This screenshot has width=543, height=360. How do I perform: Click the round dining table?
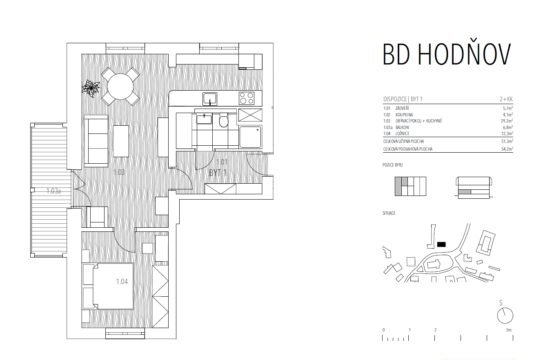(x=120, y=87)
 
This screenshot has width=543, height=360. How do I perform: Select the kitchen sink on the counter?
(x=210, y=99)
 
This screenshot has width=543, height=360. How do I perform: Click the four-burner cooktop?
(x=247, y=98)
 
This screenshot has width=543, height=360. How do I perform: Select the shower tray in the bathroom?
(x=250, y=137)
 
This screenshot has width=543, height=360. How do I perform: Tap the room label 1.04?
(x=122, y=282)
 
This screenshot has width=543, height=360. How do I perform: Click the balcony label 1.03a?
(x=53, y=191)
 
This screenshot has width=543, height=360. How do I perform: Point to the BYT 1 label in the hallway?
(x=218, y=173)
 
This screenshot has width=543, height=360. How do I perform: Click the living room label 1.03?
(x=119, y=172)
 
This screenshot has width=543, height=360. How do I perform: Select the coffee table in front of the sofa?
(x=121, y=141)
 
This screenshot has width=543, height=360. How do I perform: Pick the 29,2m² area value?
(x=507, y=121)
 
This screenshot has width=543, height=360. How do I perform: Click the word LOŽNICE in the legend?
(x=403, y=133)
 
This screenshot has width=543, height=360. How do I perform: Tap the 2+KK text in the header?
(x=506, y=99)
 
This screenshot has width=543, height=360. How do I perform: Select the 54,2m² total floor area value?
(x=507, y=149)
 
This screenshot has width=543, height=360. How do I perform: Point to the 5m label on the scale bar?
(x=509, y=330)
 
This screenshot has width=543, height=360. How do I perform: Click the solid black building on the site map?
(x=441, y=244)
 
